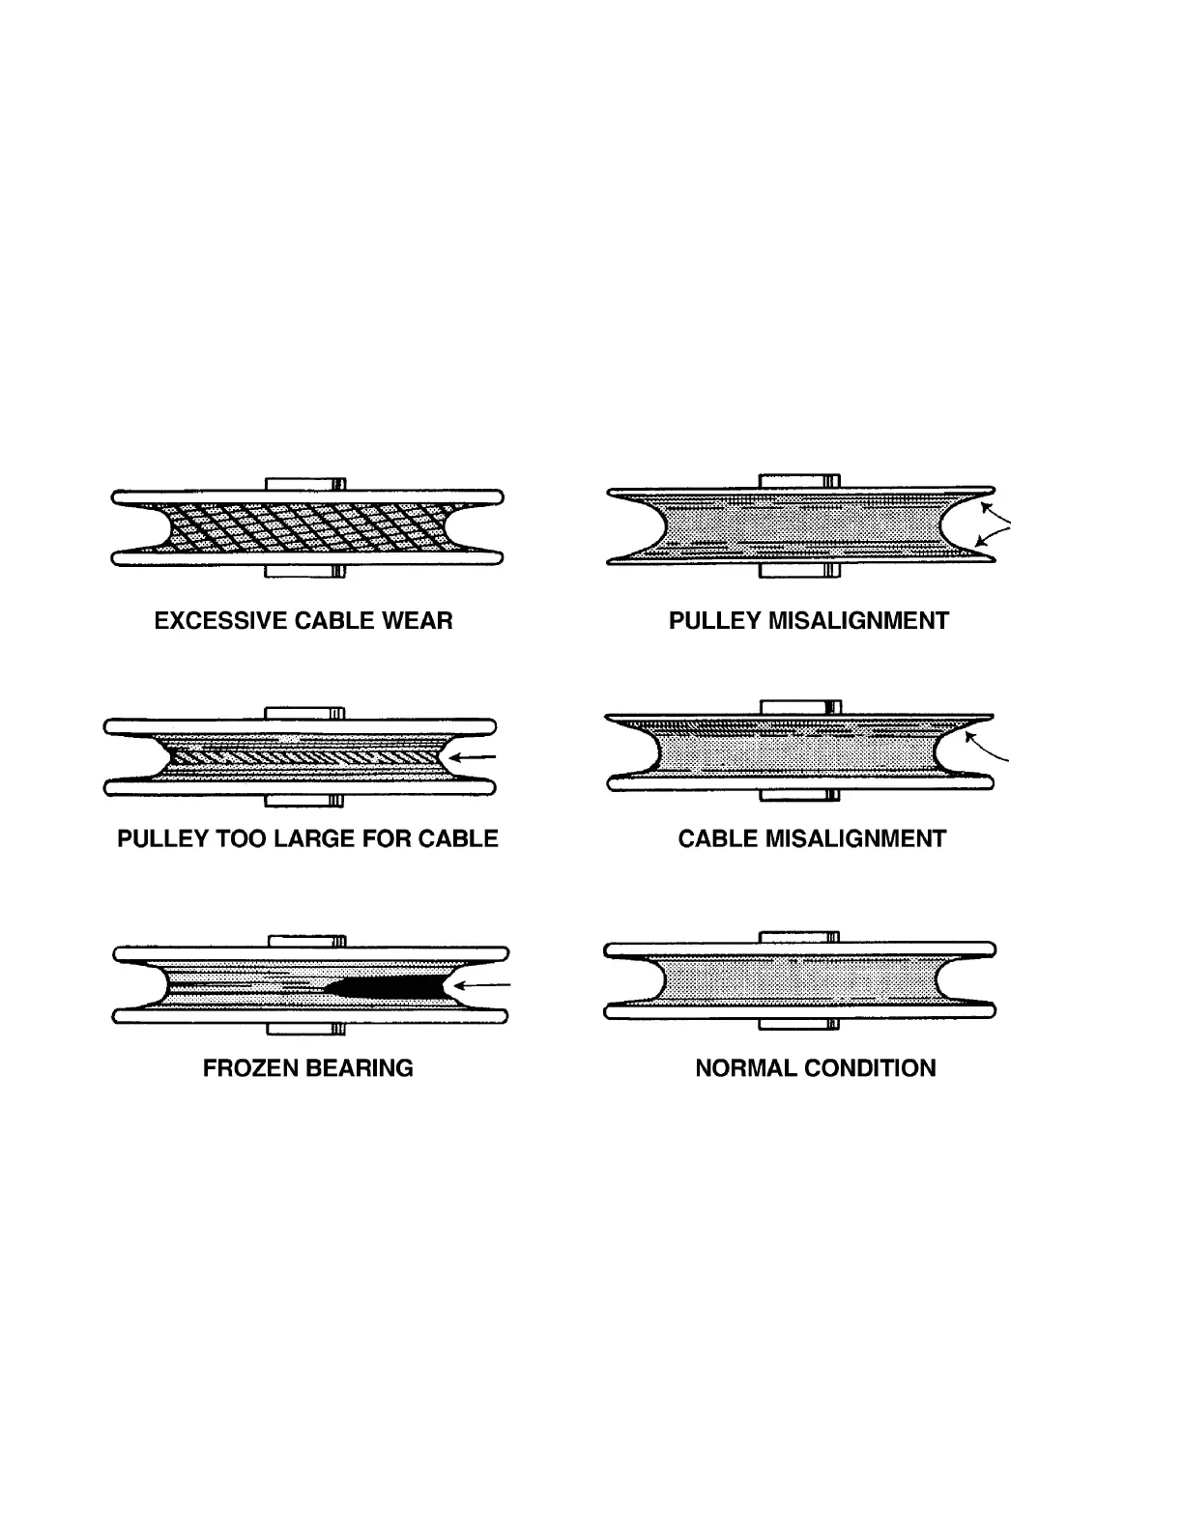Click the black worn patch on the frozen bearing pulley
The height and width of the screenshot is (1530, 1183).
387,986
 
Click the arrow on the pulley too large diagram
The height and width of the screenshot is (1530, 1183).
475,757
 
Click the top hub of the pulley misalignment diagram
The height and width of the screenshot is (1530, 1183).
799,480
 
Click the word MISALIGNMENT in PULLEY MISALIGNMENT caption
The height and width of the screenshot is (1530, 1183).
858,620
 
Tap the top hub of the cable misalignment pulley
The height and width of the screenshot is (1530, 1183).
799,708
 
